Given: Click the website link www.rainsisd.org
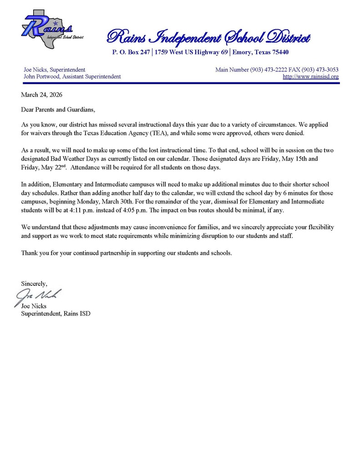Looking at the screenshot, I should pyautogui.click(x=310, y=76).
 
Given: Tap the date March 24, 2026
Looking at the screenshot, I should pyautogui.click(x=41, y=95).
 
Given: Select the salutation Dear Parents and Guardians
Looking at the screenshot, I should pyautogui.click(x=58, y=110).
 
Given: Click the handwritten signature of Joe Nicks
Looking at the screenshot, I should pyautogui.click(x=39, y=296).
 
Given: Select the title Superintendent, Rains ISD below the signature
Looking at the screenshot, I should pyautogui.click(x=56, y=314).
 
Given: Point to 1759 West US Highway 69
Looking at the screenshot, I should pyautogui.click(x=191, y=52).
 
